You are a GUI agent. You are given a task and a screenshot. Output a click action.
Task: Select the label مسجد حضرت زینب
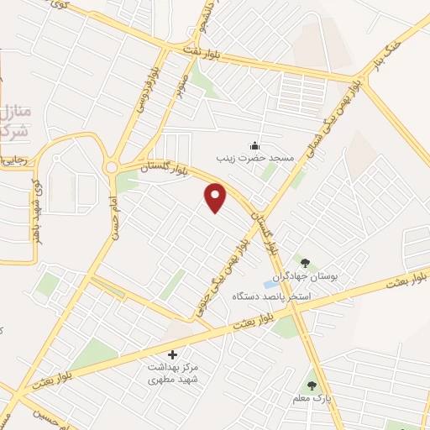click(255, 159)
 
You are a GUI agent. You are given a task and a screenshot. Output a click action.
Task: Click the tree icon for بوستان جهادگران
click(304, 263)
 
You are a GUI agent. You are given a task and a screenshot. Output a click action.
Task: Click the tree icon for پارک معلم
click(312, 386)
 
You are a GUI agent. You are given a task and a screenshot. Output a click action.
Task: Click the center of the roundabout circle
click(112, 168)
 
